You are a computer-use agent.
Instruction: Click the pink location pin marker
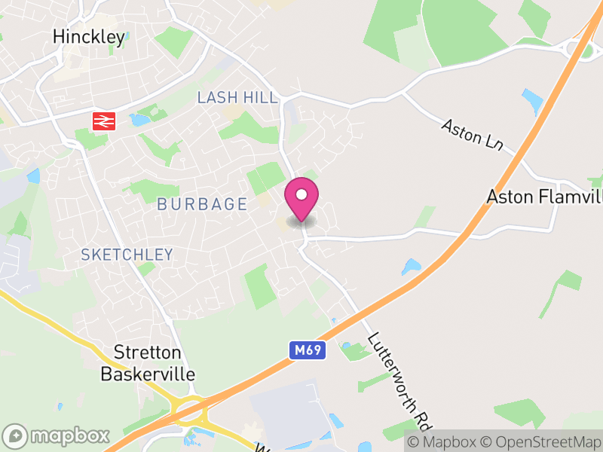[x=301, y=200]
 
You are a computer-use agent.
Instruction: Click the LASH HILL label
[x=237, y=98]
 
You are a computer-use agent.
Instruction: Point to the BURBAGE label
[x=202, y=204]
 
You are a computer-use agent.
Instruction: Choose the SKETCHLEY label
[x=127, y=255]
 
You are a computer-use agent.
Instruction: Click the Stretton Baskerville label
[x=148, y=363]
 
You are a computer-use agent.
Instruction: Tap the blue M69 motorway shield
[x=307, y=350]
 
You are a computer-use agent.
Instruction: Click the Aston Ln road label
[x=472, y=133]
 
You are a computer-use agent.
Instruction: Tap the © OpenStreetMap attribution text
[x=542, y=441]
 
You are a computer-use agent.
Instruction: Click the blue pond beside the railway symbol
[x=139, y=119]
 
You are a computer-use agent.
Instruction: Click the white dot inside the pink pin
[x=301, y=194]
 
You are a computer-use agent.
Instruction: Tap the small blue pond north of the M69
[x=412, y=267]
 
